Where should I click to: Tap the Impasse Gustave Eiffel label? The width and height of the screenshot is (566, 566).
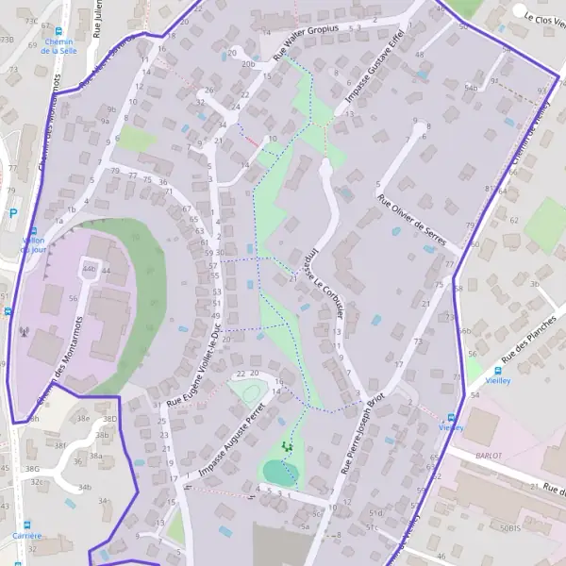[369, 68]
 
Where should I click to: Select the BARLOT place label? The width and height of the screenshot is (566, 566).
[490, 455]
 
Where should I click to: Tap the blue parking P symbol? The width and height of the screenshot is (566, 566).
[13, 214]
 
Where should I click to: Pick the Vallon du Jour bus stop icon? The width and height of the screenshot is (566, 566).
[33, 232]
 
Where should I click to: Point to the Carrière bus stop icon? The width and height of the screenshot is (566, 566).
[26, 524]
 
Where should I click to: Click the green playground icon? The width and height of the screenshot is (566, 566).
[288, 446]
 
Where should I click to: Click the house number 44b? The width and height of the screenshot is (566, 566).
[89, 269]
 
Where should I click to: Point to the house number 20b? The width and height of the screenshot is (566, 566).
[248, 64]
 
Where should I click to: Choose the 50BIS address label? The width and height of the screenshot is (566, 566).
[511, 529]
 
